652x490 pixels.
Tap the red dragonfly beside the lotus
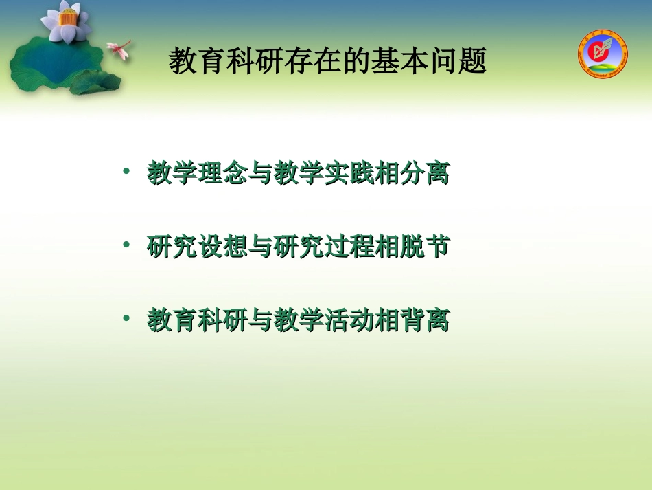click(x=119, y=49)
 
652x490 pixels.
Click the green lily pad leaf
click(x=51, y=65)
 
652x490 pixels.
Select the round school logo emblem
click(x=603, y=54)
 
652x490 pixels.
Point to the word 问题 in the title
click(x=462, y=61)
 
